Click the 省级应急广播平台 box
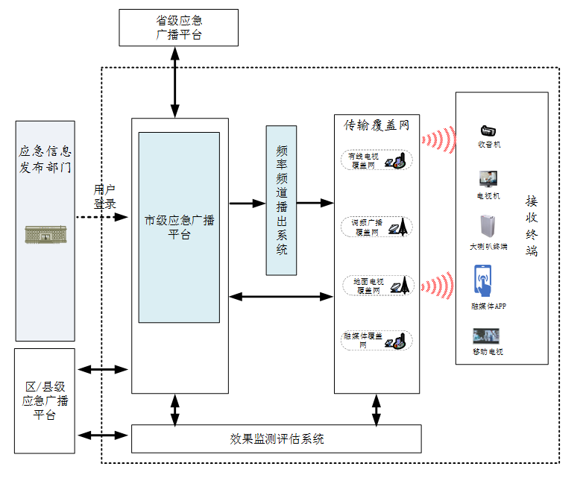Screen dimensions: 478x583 (x=178, y=28)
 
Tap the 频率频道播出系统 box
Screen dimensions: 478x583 (x=281, y=201)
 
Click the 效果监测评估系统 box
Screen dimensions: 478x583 (x=277, y=438)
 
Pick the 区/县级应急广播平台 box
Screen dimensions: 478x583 (x=45, y=400)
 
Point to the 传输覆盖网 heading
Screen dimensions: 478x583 (x=376, y=125)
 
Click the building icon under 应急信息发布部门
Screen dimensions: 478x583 (x=45, y=233)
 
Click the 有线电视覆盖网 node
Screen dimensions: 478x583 (x=376, y=160)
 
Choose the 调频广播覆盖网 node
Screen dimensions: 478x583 (x=376, y=227)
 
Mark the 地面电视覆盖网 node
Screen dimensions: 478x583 (x=376, y=286)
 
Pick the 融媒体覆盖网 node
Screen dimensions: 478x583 (x=376, y=341)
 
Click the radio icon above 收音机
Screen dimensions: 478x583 (x=489, y=131)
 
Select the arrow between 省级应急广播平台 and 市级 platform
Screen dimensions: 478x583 (x=176, y=82)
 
